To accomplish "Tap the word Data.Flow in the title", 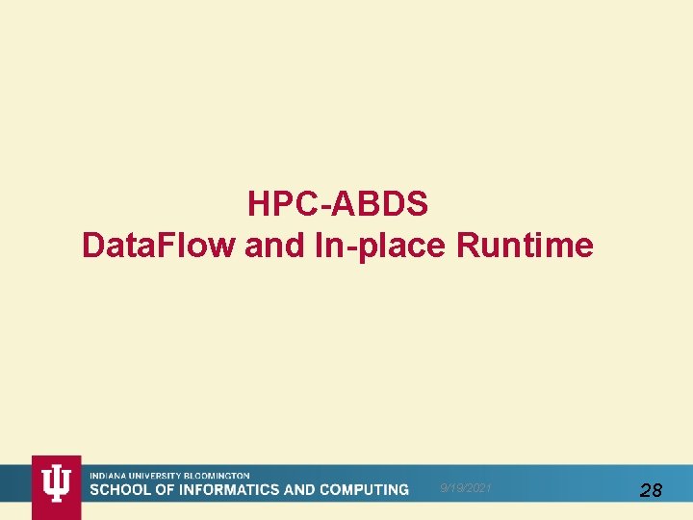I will point(158,246).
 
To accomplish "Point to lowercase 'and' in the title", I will point(276,246).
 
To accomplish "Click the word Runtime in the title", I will point(525,246).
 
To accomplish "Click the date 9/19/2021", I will point(465,489).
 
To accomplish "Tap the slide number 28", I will point(651,490).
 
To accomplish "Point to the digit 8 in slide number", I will point(656,490).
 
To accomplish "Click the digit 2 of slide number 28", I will point(645,490).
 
